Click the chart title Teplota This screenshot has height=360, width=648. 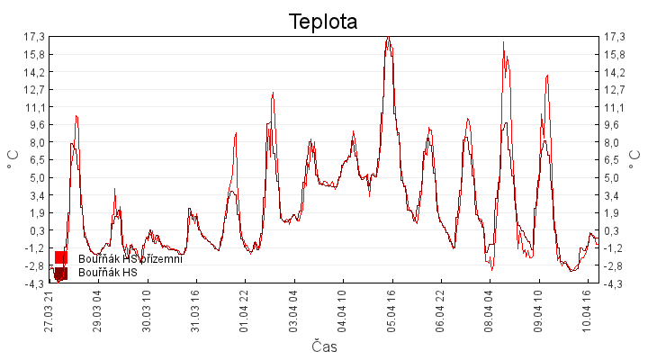pos(323,21)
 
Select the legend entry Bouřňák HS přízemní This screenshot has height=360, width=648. pos(130,259)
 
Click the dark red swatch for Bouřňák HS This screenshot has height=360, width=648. pos(61,273)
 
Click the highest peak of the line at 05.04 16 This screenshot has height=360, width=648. pos(388,37)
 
